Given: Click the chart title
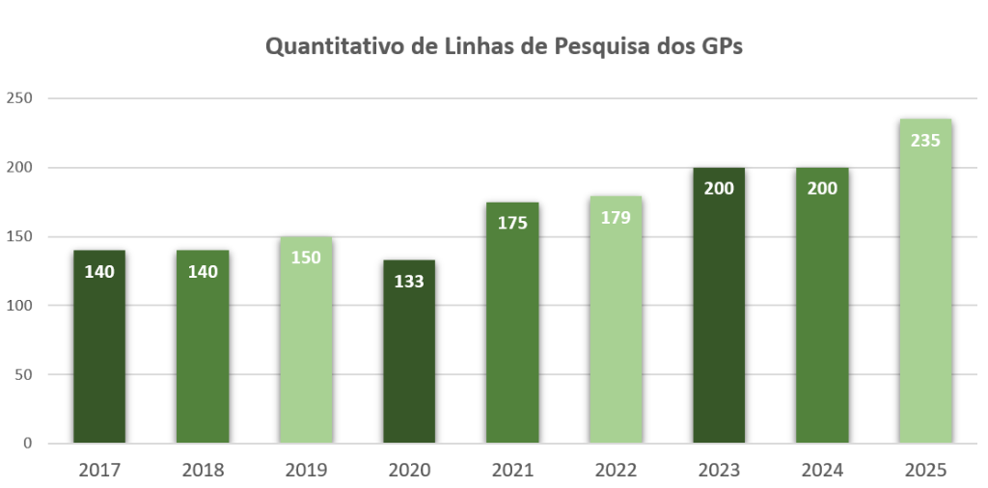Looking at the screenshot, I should [x=504, y=46].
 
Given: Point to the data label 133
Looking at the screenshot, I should [x=409, y=282].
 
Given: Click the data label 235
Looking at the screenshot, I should [x=925, y=140].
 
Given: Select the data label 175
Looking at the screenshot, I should [x=512, y=224].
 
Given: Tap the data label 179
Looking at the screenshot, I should [x=616, y=217].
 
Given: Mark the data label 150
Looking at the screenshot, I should [x=306, y=258].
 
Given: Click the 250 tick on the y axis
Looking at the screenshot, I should [x=19, y=98].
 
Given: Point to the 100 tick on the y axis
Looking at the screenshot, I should [x=19, y=306].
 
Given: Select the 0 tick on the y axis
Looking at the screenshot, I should [x=27, y=444].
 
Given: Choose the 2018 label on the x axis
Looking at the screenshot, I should [x=203, y=471].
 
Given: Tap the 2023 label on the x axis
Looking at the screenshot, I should [x=719, y=471].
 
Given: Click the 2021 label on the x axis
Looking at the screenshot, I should [x=512, y=471].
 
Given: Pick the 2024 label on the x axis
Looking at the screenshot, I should [x=822, y=471].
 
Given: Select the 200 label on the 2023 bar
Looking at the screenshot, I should [x=719, y=189].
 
